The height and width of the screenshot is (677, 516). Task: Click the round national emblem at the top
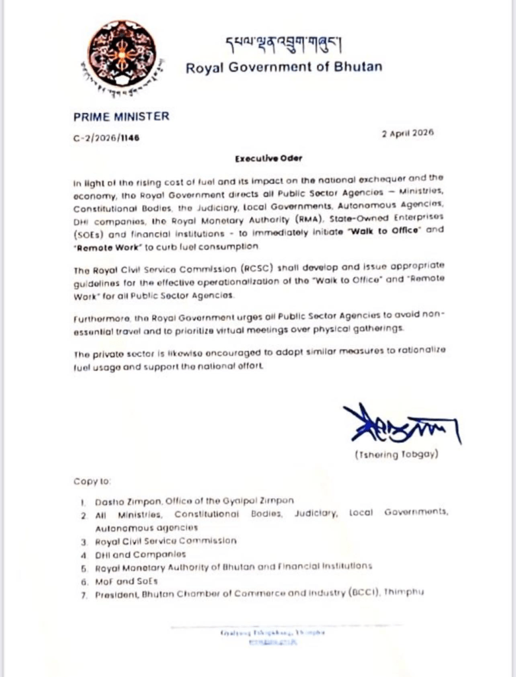124,54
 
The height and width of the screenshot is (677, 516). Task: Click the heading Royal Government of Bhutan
283,67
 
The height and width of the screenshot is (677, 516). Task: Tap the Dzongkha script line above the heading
284,43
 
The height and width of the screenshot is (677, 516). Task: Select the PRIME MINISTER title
122,116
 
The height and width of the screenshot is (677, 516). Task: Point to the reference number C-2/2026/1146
106,138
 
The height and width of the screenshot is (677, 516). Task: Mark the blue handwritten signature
399,425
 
